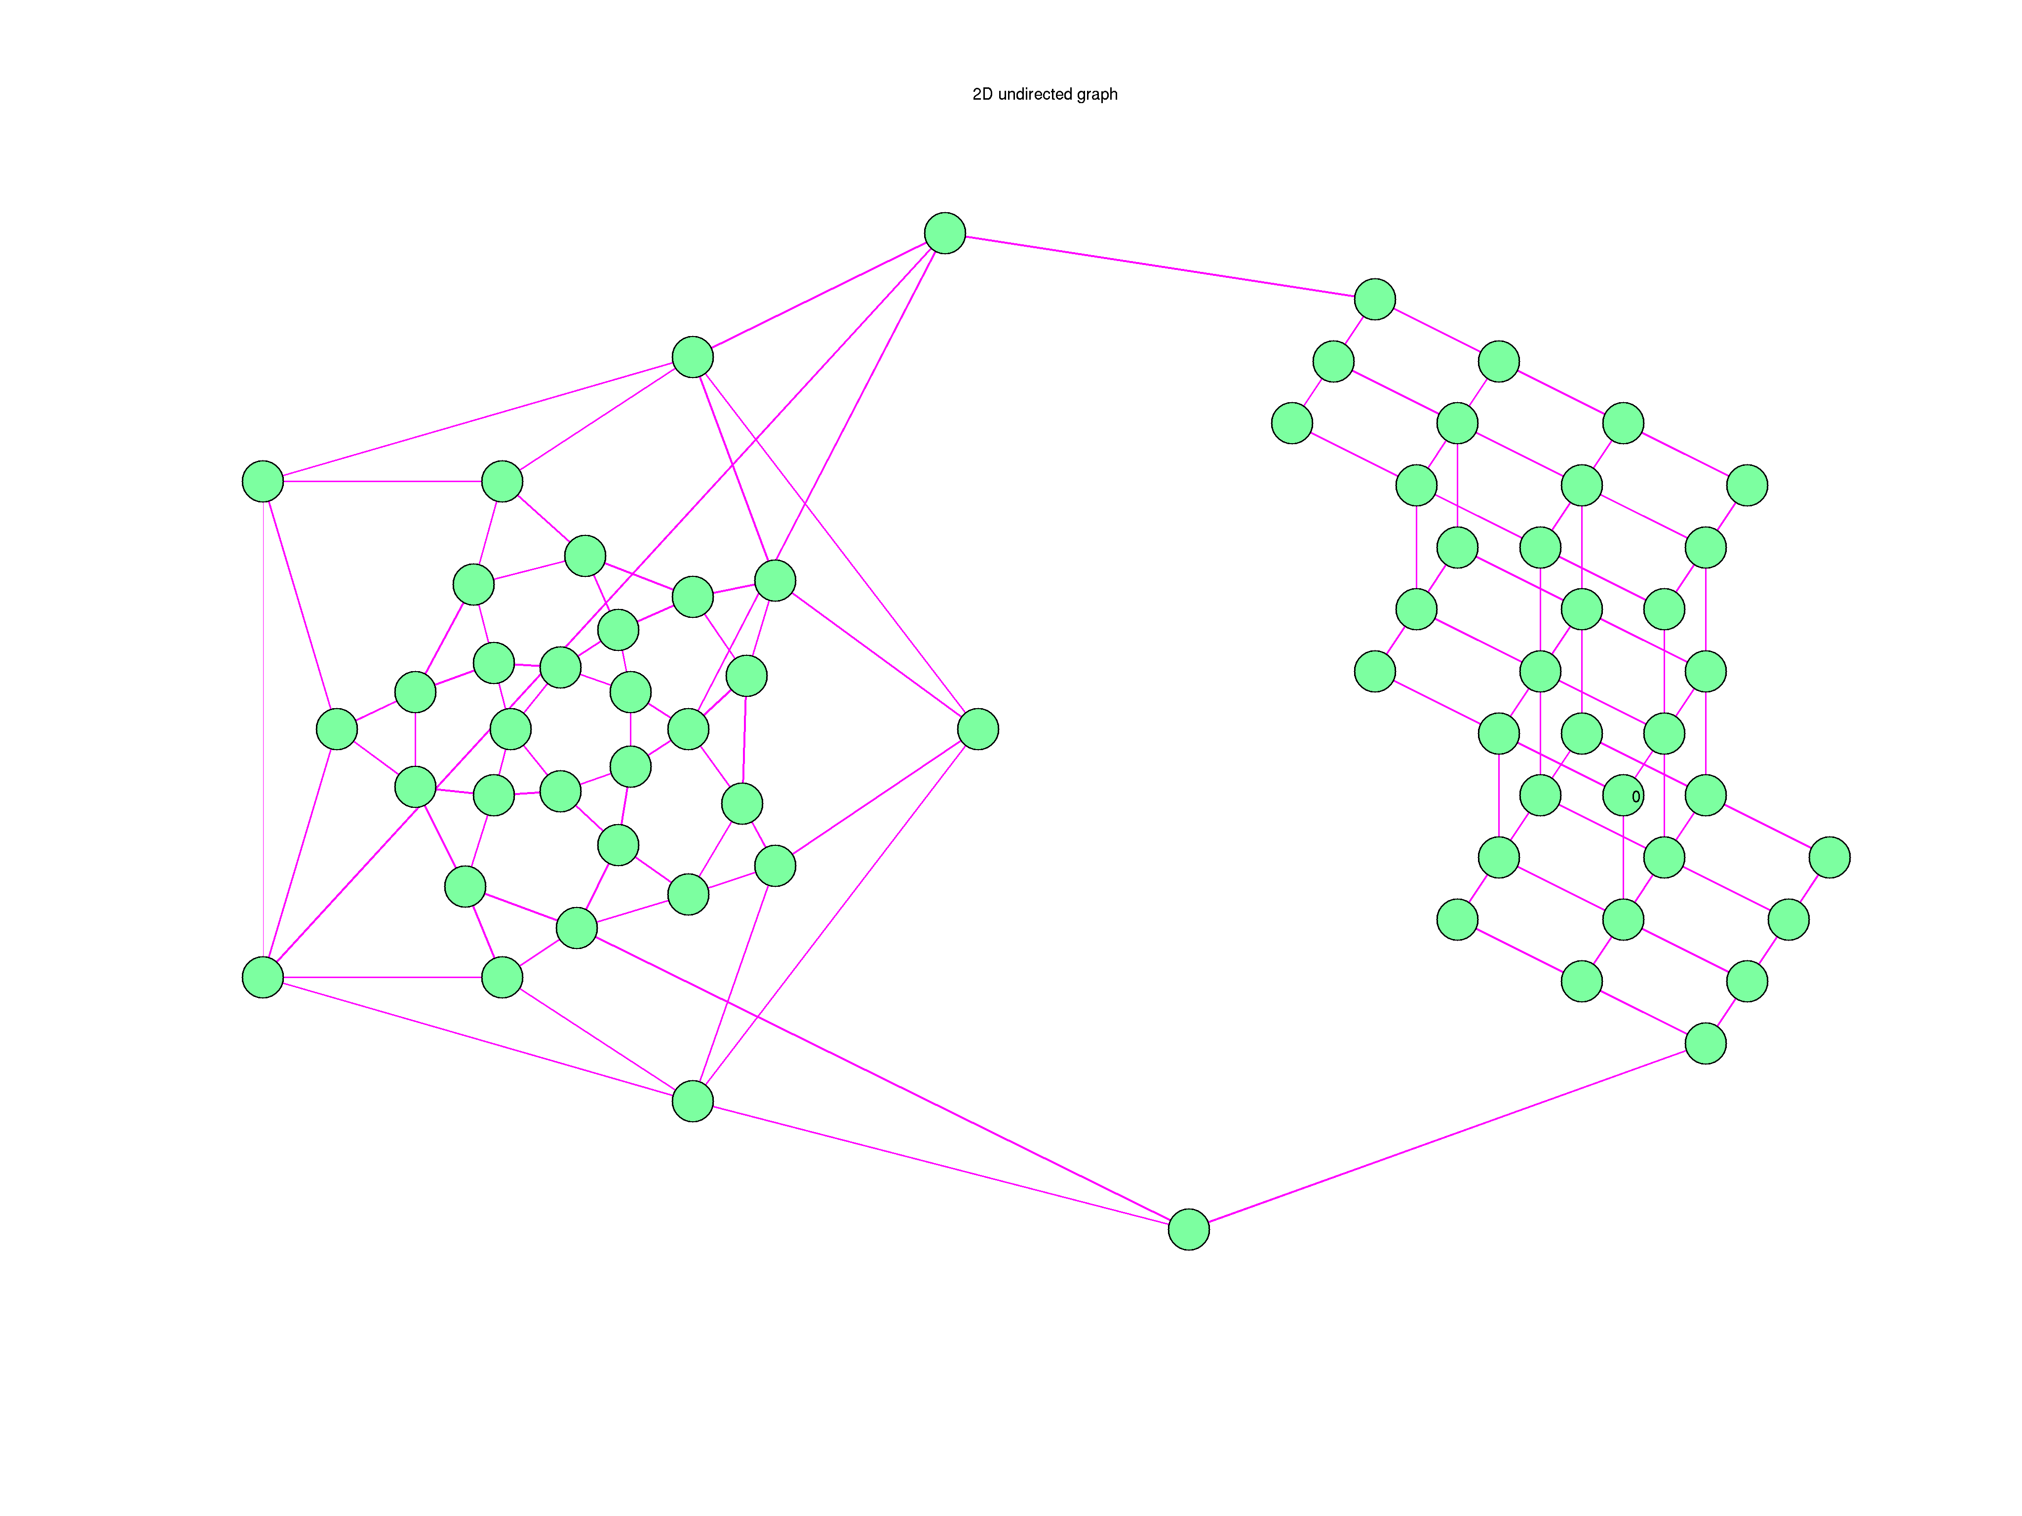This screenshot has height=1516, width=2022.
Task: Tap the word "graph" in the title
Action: pyautogui.click(x=1097, y=94)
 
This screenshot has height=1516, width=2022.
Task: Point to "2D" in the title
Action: pyautogui.click(x=982, y=94)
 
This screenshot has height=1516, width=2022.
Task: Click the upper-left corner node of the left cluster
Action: pyautogui.click(x=263, y=482)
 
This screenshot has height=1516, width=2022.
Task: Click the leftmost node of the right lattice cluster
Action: pyautogui.click(x=1291, y=423)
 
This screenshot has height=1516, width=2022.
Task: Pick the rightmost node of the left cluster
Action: pyautogui.click(x=978, y=729)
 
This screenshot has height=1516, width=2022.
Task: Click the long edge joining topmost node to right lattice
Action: pyautogui.click(x=1159, y=266)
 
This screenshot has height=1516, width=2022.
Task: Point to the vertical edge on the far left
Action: pyautogui.click(x=263, y=729)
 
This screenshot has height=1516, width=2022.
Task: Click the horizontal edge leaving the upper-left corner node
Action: pyautogui.click(x=382, y=482)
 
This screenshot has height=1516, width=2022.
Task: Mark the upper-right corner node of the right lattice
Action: pyautogui.click(x=1747, y=485)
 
